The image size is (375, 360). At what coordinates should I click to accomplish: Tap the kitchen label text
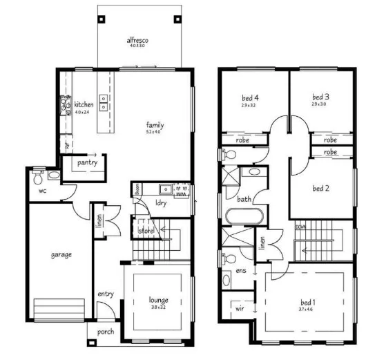pos(84,104)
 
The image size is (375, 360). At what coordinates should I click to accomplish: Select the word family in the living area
pos(155,124)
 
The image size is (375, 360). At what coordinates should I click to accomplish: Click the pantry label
pos(87,163)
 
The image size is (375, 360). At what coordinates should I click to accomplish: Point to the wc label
pos(42,190)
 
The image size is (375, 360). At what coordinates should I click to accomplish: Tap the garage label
pos(61,254)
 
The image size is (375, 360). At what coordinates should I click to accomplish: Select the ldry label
pos(160,203)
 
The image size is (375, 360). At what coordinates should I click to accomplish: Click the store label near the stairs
pos(145,231)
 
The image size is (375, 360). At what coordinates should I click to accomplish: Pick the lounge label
pos(158,300)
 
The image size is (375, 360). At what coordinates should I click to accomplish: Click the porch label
pos(106,332)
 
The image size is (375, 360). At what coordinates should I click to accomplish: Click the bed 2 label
pos(320,188)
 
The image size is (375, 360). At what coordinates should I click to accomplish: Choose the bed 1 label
pos(308,302)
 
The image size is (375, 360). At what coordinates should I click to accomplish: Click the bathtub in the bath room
pos(244,216)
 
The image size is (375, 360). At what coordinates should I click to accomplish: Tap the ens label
pos(241,271)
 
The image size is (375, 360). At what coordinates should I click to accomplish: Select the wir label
pos(240,309)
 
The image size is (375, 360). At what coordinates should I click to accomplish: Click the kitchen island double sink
pos(104,103)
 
